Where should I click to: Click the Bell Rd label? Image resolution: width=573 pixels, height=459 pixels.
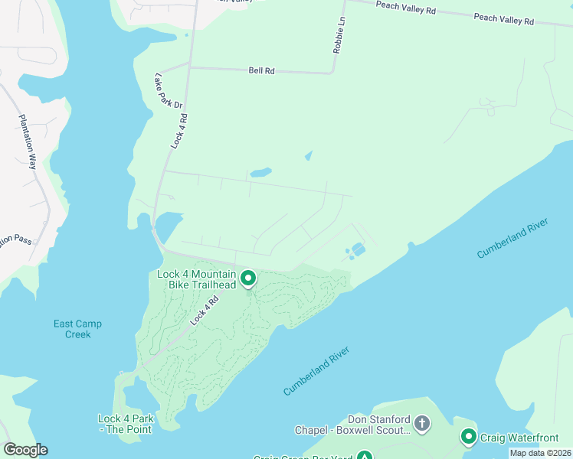coord(261,70)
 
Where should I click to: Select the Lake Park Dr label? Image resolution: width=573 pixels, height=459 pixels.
coord(169,91)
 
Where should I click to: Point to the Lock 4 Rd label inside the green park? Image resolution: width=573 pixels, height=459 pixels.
coord(205,311)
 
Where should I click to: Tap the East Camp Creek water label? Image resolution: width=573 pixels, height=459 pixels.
coord(77,329)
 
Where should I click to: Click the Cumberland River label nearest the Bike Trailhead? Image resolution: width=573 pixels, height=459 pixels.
coord(316,371)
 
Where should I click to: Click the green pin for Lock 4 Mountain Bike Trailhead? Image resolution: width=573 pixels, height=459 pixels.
coord(248,278)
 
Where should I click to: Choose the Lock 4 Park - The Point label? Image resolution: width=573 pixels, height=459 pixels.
coord(126,424)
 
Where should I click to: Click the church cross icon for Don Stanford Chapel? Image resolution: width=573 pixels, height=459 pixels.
coord(421,422)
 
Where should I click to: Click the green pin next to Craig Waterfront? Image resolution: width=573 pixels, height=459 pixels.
coord(469,437)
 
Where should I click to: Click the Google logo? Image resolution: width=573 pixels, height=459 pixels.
coord(25,450)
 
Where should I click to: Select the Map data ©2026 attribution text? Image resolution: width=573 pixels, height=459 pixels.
coord(540,453)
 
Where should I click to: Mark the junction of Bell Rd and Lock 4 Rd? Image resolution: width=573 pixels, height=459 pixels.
coord(188,67)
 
